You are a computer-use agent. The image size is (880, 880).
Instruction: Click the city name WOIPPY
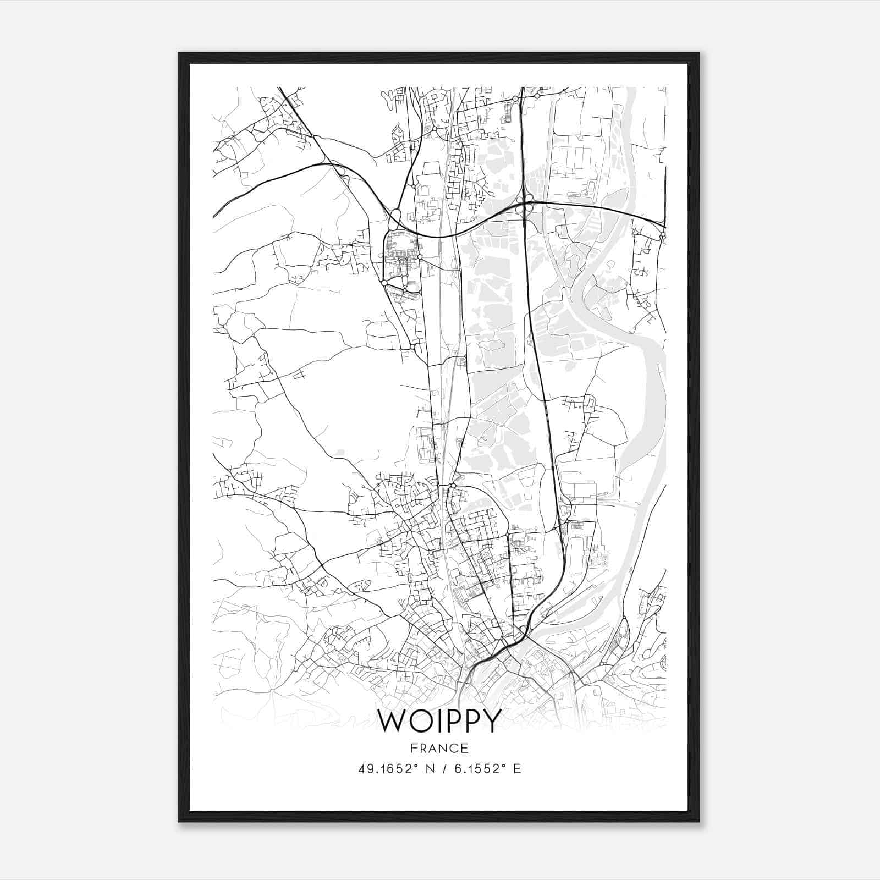(x=439, y=721)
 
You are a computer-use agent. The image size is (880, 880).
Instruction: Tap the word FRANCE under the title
(x=439, y=748)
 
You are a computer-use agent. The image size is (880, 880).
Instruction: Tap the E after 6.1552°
(x=516, y=769)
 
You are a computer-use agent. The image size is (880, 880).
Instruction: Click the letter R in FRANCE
(x=422, y=748)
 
